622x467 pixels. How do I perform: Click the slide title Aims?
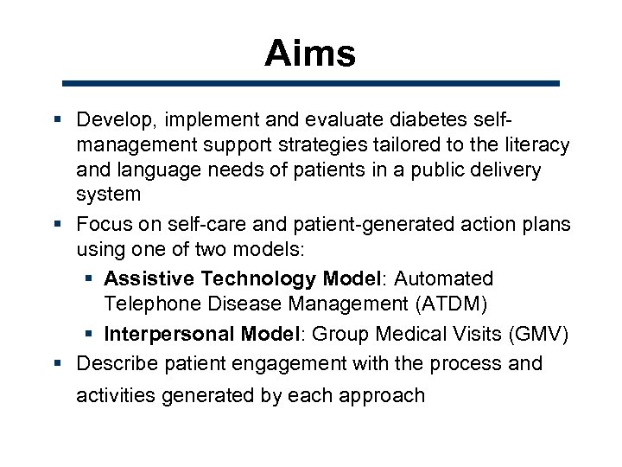click(x=310, y=54)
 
